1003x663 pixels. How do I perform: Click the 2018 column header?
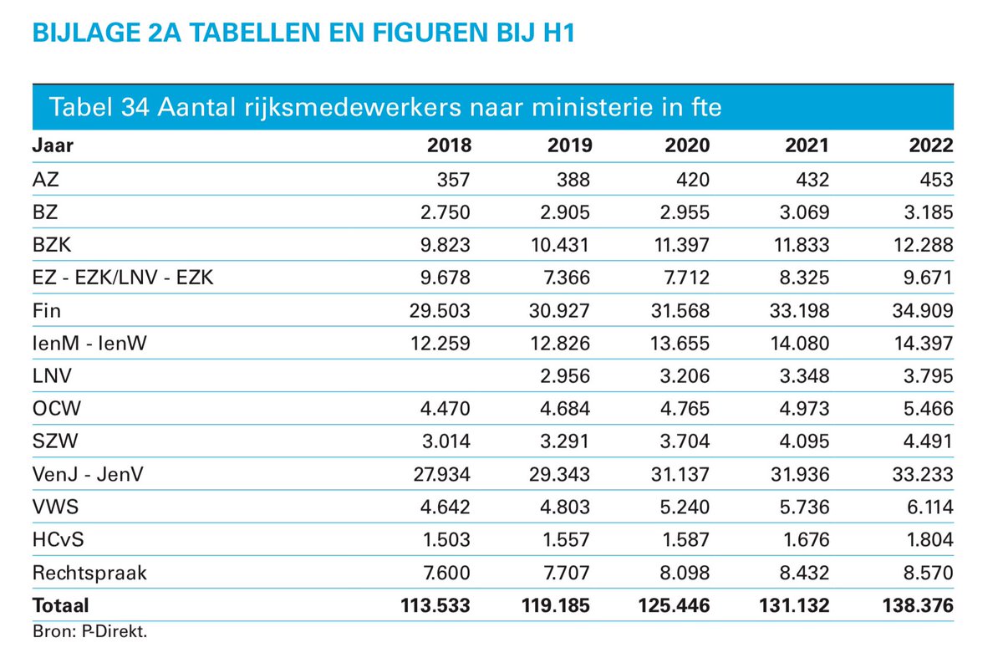[x=449, y=145]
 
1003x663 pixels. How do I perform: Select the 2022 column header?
[x=931, y=145]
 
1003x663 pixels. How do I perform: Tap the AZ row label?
[x=46, y=179]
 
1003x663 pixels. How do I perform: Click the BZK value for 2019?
[x=560, y=245]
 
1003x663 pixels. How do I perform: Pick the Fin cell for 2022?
[x=923, y=310]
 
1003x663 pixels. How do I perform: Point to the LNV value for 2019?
[x=565, y=376]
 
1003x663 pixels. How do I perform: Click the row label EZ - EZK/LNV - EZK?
[x=123, y=278]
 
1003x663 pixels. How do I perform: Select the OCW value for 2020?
[x=685, y=409]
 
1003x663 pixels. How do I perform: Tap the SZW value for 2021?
[x=805, y=441]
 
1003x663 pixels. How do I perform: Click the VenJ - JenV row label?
[x=88, y=474]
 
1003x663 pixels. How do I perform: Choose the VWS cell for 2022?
[x=930, y=507]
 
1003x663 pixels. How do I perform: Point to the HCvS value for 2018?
[x=446, y=540]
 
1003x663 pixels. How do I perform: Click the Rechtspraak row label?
[x=89, y=573]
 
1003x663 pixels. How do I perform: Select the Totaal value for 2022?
[x=918, y=605]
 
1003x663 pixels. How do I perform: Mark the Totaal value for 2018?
[x=435, y=605]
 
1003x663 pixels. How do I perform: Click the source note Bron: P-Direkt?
[x=90, y=631]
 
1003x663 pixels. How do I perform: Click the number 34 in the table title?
[x=135, y=108]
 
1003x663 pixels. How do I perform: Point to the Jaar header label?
[x=53, y=145]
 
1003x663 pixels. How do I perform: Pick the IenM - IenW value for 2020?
[x=680, y=344]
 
